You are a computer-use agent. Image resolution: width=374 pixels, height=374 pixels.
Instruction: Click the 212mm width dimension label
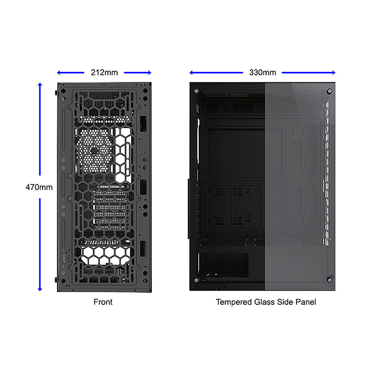(104, 73)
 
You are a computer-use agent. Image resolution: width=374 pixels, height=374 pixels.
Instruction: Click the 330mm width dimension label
(263, 73)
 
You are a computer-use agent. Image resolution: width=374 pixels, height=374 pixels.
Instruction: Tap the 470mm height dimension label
(39, 187)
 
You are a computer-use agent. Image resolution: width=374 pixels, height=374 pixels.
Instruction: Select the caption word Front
(103, 302)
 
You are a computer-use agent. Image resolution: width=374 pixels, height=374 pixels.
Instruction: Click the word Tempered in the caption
(234, 302)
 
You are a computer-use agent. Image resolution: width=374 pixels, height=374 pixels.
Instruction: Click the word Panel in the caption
(306, 302)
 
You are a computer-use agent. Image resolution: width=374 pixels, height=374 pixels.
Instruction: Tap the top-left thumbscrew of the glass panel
(196, 91)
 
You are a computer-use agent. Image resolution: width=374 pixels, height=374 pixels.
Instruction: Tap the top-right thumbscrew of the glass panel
(329, 91)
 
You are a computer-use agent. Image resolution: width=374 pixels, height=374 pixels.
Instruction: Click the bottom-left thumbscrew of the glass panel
(196, 280)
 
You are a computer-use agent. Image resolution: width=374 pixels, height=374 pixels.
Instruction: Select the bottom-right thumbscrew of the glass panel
(329, 280)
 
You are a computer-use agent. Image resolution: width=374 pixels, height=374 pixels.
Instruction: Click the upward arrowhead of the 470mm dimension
(40, 84)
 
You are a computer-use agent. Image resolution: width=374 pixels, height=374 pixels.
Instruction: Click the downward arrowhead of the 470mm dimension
(40, 289)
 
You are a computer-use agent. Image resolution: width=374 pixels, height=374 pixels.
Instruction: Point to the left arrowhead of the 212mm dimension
(59, 73)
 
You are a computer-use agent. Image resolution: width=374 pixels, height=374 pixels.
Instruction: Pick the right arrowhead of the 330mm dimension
(334, 73)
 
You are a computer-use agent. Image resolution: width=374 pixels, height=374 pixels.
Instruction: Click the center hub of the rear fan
(94, 150)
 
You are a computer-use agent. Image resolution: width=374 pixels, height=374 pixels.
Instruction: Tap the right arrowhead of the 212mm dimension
(150, 73)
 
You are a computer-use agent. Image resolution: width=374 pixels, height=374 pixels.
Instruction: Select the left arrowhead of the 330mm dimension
(191, 73)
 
